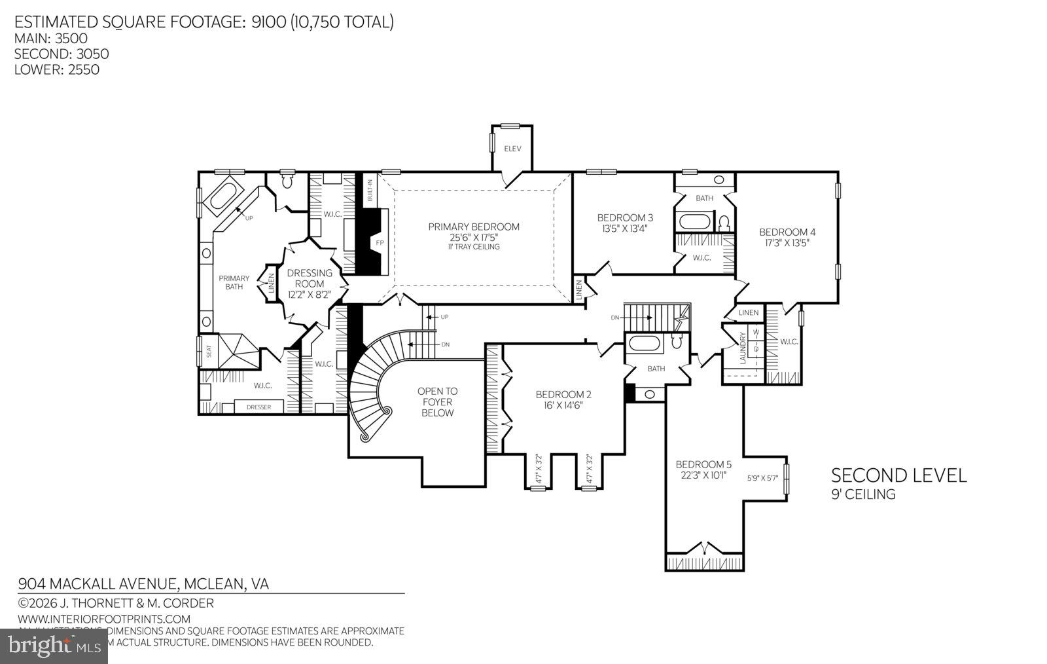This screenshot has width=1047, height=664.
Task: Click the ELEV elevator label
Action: [512, 149]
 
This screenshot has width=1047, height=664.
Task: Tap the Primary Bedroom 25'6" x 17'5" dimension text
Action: [474, 237]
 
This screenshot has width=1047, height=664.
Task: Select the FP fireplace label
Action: [380, 243]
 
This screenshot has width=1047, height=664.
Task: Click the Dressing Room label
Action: [310, 278]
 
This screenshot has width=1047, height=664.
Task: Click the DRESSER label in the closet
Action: [258, 407]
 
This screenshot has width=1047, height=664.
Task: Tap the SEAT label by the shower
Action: [209, 351]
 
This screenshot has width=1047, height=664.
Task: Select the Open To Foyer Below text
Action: [437, 402]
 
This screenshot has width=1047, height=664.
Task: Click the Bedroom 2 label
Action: [563, 394]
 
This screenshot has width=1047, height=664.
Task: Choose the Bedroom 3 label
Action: [625, 217]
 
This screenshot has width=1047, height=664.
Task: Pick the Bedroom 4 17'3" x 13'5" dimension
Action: [787, 243]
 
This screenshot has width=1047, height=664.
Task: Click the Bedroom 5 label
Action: [703, 464]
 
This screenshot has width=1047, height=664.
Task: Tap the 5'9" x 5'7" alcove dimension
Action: [762, 479]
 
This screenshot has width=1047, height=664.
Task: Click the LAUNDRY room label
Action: [743, 348]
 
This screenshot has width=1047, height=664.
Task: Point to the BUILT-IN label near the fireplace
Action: [370, 191]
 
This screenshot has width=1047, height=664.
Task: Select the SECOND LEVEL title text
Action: [898, 475]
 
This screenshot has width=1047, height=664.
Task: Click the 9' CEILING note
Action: [862, 494]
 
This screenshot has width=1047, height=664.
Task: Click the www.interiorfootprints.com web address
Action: [104, 619]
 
